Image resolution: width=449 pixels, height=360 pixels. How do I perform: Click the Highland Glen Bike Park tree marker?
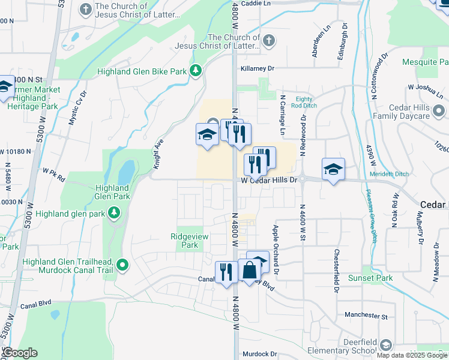[195, 71]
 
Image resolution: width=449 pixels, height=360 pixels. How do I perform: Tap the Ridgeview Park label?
[189, 241]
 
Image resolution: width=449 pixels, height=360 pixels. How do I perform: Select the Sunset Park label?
[370, 278]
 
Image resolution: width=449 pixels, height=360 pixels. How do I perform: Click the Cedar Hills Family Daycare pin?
[438, 111]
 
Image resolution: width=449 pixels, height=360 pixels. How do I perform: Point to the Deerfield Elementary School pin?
[385, 345]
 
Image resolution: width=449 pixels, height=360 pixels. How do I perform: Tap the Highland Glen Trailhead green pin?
[123, 265]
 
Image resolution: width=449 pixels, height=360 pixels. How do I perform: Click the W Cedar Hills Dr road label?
[270, 180]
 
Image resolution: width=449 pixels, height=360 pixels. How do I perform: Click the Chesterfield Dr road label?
[337, 271]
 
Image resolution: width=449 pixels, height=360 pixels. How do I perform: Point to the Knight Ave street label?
[158, 153]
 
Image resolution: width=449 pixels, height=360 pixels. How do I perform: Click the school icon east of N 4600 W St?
[333, 170]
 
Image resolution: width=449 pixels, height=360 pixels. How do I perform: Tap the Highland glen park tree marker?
[113, 213]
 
